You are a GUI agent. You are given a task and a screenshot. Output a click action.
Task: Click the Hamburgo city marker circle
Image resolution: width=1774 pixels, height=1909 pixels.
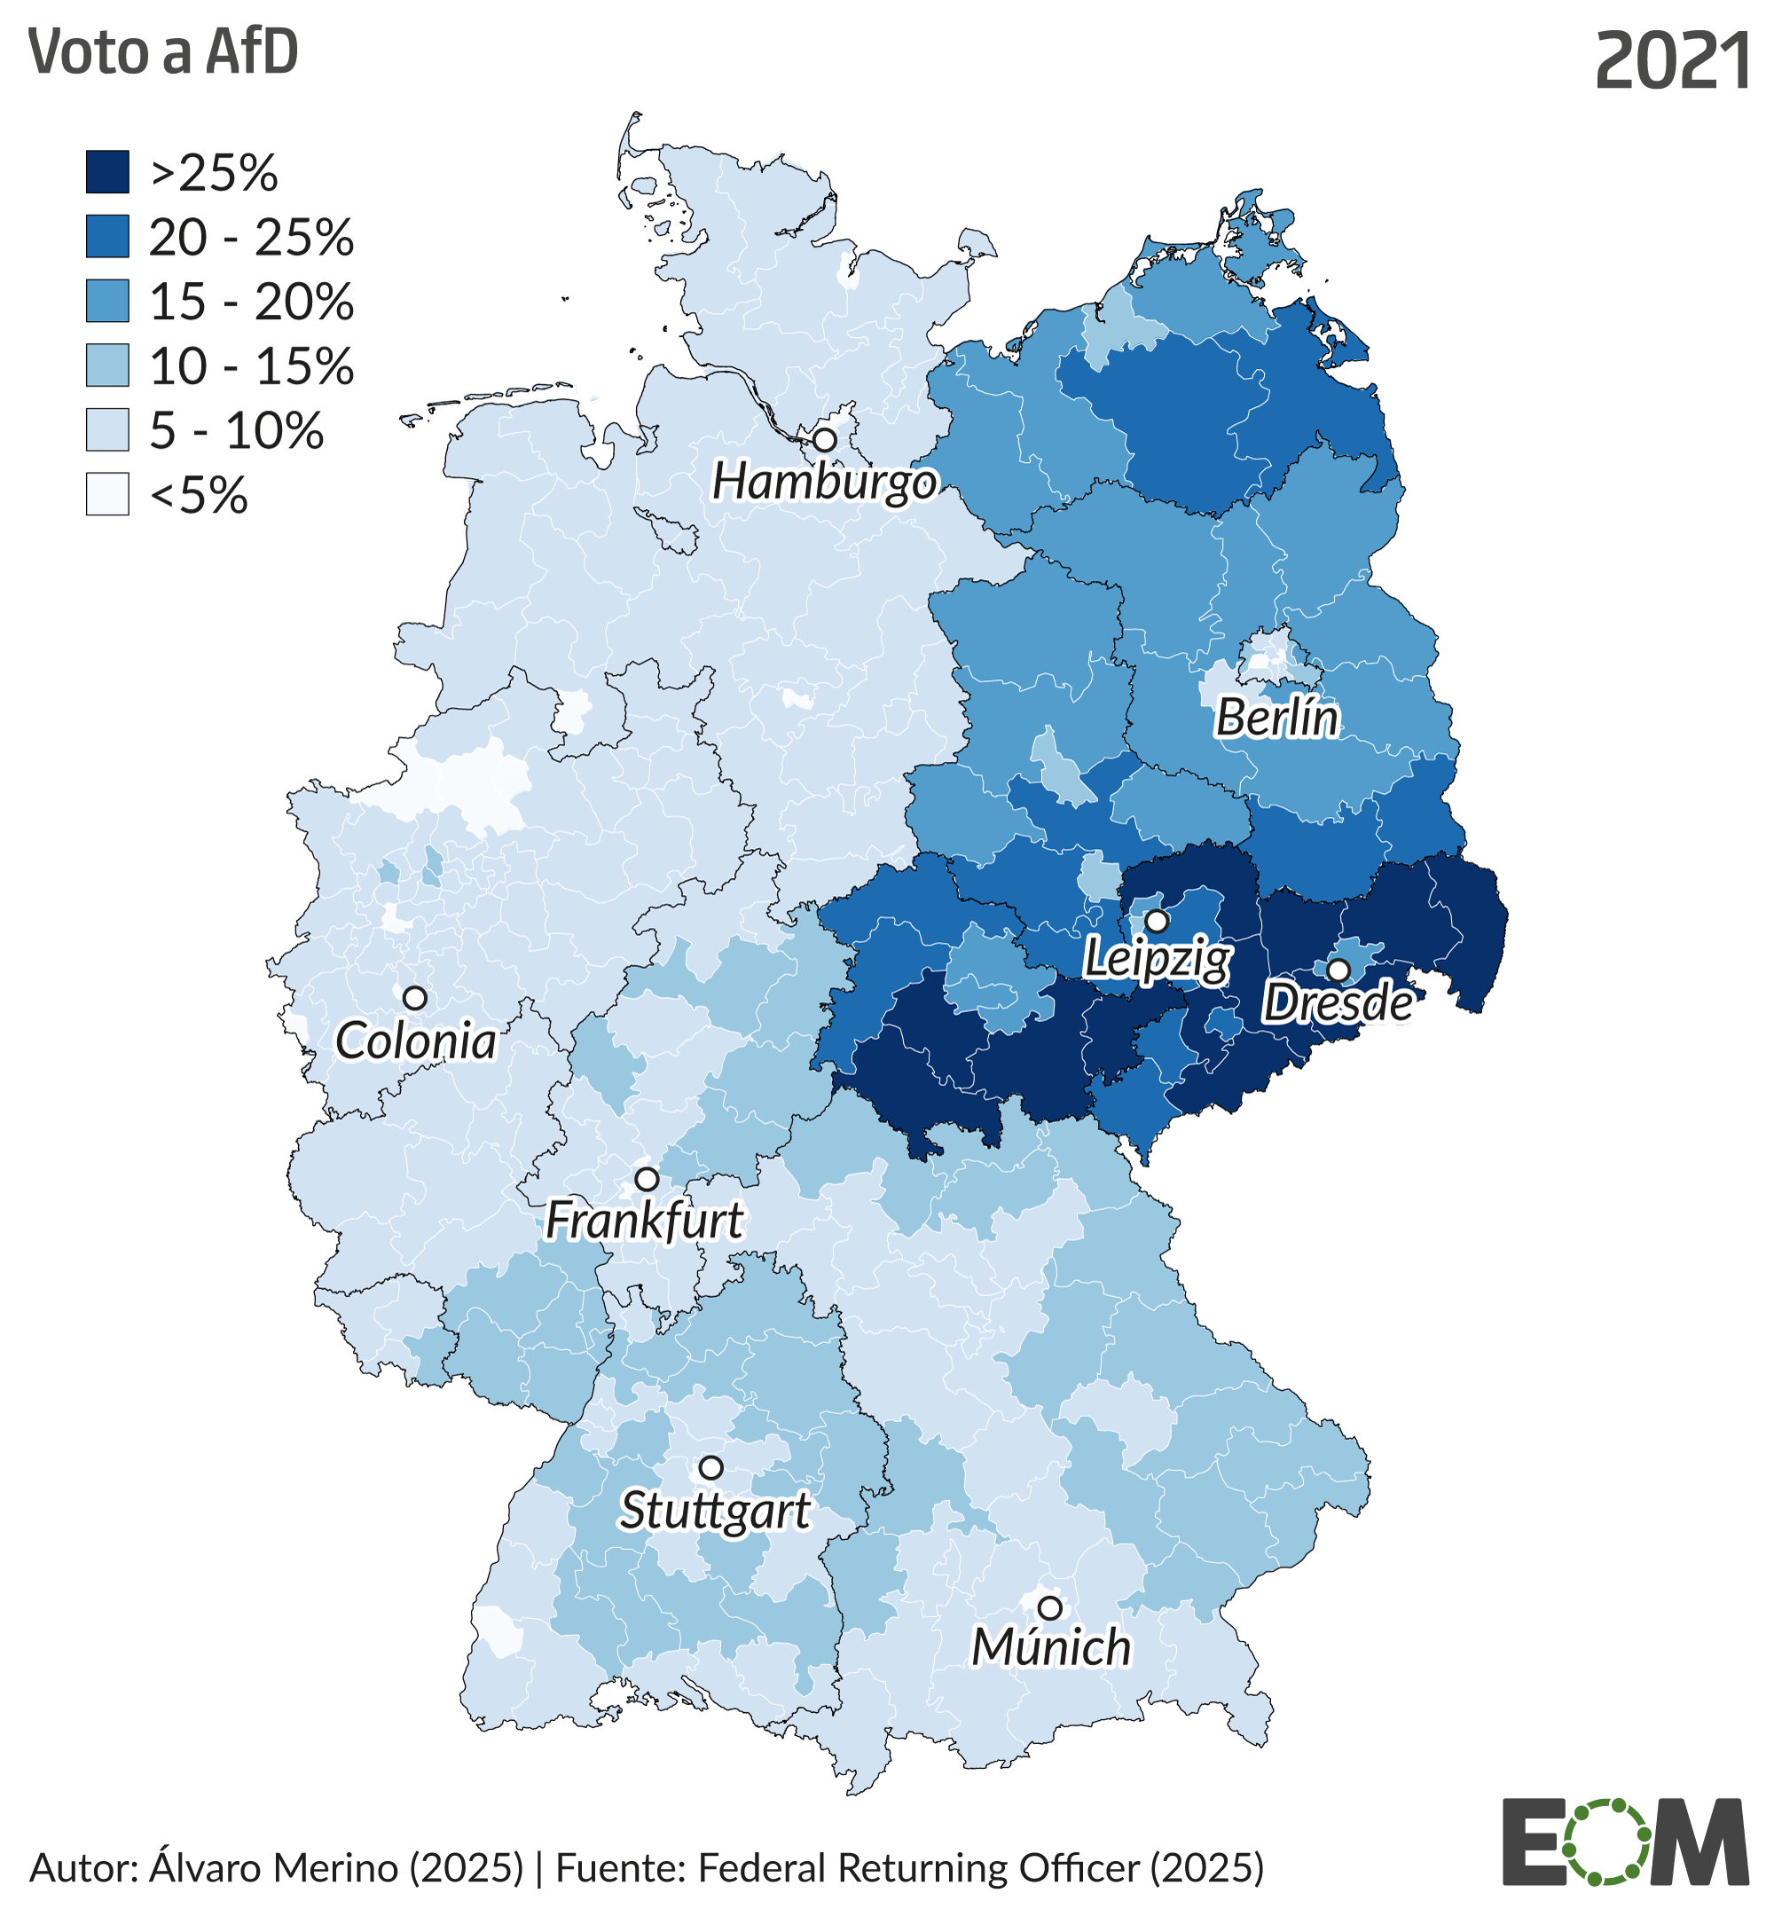pos(825,441)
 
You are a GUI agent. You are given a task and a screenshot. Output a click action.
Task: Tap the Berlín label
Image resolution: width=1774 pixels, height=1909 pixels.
pos(1276,719)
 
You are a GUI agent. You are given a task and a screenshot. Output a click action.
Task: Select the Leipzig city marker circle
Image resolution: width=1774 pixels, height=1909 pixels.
pos(1158,922)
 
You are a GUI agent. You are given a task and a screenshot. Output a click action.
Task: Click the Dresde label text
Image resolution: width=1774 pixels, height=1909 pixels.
pos(1338,1003)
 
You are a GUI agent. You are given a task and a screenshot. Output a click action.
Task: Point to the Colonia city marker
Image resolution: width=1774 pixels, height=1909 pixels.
pos(415,998)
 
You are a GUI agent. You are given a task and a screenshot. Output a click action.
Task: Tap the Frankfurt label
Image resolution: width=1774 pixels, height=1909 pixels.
pos(643,1221)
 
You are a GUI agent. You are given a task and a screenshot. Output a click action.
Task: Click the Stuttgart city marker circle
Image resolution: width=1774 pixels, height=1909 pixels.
pos(710,1468)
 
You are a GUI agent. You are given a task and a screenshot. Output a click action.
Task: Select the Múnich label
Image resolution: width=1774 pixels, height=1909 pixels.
pos(1051,1648)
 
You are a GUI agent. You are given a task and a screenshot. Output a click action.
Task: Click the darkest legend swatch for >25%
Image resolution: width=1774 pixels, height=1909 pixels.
pos(107,172)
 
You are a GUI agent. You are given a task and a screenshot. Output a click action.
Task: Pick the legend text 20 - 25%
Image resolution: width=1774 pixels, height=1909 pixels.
pos(252,237)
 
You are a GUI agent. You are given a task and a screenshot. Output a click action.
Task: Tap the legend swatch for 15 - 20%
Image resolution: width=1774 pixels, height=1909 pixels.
pos(107,301)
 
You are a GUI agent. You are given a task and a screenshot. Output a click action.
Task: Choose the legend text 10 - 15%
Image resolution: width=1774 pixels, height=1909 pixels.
pos(252,365)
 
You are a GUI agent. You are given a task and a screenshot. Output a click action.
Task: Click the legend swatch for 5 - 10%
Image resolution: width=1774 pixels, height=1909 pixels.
pos(107,430)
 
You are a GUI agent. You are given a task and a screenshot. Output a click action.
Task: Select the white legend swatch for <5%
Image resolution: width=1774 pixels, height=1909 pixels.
pos(107,494)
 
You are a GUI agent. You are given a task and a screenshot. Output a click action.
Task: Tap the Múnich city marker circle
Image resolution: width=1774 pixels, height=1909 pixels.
pos(1050,1607)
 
